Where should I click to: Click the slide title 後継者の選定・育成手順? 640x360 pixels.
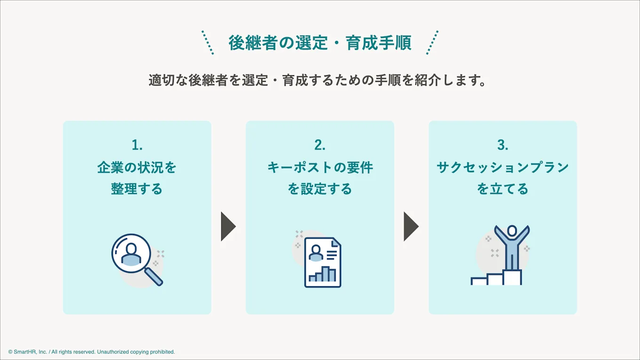[320, 43]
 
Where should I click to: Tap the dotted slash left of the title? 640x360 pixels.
[208, 43]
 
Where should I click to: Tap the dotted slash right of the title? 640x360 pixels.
[432, 43]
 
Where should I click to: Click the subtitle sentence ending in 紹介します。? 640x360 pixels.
[318, 80]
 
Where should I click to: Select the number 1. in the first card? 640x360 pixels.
[137, 145]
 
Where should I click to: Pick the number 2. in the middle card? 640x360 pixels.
[320, 145]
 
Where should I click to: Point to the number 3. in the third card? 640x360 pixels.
[503, 145]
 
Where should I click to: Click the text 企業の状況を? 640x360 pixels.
[137, 168]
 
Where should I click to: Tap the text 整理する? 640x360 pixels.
[137, 189]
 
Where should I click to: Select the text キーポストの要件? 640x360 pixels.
[320, 168]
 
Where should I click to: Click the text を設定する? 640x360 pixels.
[320, 189]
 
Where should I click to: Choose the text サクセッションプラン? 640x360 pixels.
[503, 168]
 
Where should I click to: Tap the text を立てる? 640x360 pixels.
[503, 189]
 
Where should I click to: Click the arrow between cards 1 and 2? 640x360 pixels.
[228, 226]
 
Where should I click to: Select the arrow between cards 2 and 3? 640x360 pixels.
[410, 226]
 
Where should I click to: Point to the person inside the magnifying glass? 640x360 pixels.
[131, 254]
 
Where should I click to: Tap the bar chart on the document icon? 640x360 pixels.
[323, 274]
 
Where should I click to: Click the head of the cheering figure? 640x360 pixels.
[512, 231]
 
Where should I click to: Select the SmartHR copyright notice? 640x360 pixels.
[91, 352]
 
